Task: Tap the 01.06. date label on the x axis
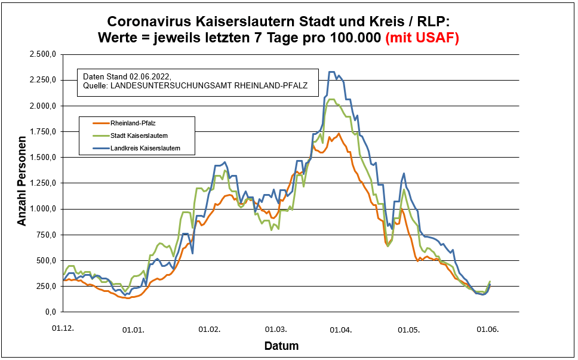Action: (487, 329)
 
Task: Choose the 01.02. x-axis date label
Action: (210, 329)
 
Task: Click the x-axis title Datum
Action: (281, 346)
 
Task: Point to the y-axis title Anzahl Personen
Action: (22, 183)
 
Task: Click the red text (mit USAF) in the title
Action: (422, 38)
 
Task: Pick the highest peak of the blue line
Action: (332, 72)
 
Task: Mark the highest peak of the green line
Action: (333, 99)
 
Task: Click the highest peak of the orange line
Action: (339, 133)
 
